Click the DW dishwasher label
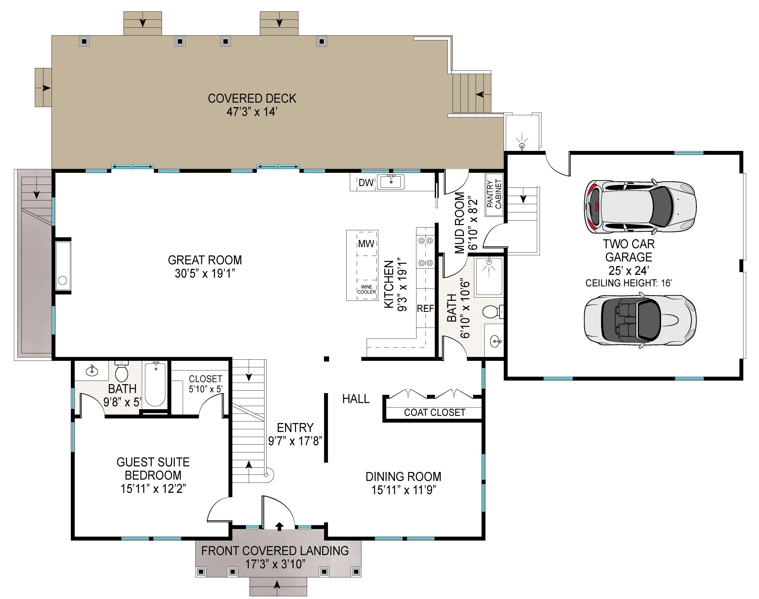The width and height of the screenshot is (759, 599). pos(366,182)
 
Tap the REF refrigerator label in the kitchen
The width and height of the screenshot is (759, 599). pos(425,309)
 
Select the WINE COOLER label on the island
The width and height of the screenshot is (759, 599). pos(367,289)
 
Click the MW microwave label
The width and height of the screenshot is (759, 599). pos(366,244)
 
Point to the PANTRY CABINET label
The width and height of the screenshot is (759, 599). pos(494,194)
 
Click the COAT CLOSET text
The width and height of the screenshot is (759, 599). pos(435,413)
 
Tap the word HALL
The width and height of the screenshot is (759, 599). pos(356,399)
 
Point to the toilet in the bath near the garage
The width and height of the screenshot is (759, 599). pos(493,311)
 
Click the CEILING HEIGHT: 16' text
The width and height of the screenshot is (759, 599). pos(629,283)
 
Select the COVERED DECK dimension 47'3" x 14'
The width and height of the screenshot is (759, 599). pos(252,112)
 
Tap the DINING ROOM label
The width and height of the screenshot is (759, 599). pos(403,477)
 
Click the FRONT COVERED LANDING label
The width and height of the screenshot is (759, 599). pos(275,551)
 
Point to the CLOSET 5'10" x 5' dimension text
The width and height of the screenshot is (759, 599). pos(206,389)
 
